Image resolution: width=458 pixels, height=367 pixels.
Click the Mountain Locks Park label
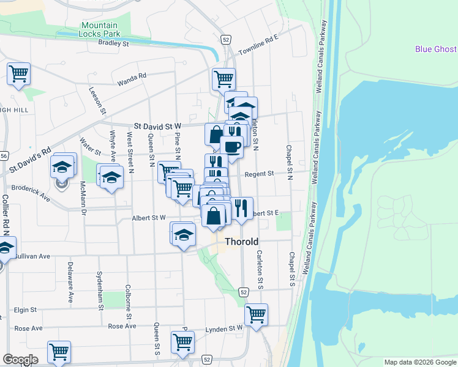pyautogui.click(x=100, y=29)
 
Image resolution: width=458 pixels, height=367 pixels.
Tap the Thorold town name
pyautogui.click(x=242, y=242)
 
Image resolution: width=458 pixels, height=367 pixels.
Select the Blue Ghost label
pyautogui.click(x=436, y=50)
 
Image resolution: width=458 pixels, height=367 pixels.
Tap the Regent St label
pyautogui.click(x=259, y=174)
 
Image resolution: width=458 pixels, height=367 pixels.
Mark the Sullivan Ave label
pyautogui.click(x=32, y=256)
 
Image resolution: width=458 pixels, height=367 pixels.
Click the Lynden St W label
pyautogui.click(x=228, y=328)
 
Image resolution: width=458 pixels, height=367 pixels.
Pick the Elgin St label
pyautogui.click(x=25, y=310)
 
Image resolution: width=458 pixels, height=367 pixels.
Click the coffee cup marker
pyautogui.click(x=231, y=147)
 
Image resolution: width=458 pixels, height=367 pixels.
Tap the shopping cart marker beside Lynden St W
pyautogui.click(x=256, y=314)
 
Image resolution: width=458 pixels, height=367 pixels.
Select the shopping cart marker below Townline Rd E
pyautogui.click(x=223, y=78)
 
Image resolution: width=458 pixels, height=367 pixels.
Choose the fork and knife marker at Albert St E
pyautogui.click(x=241, y=207)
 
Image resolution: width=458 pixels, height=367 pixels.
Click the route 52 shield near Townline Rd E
pyautogui.click(x=226, y=39)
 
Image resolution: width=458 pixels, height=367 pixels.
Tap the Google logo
pyautogui.click(x=20, y=360)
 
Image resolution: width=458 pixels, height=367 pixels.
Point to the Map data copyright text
pyautogui.click(x=420, y=362)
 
